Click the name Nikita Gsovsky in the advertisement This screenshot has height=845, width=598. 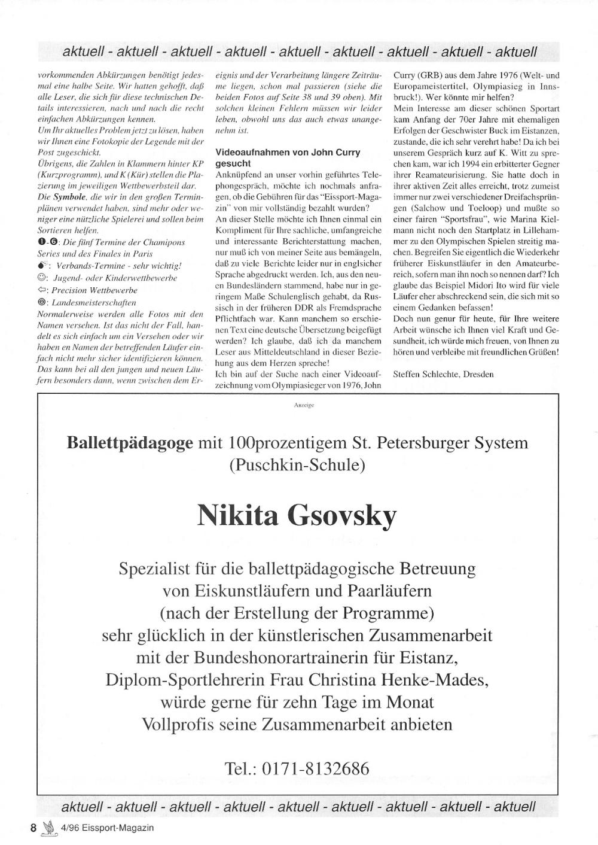tap(297, 515)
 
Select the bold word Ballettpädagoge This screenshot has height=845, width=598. tap(130, 443)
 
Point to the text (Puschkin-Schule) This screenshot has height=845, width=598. tap(297, 465)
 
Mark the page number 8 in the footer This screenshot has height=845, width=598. tap(33, 828)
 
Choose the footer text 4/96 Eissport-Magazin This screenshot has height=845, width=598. tap(107, 828)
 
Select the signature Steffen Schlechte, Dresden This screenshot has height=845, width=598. tap(443, 374)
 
